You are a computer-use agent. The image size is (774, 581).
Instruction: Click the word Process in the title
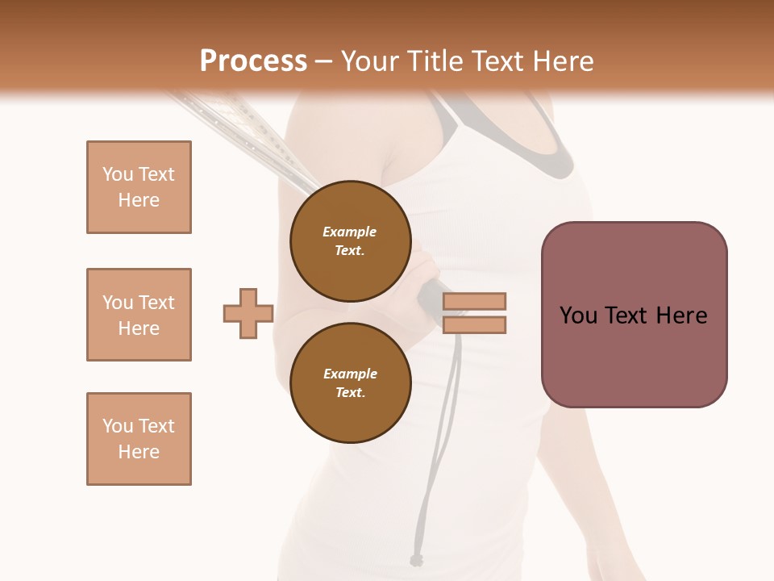tap(253, 61)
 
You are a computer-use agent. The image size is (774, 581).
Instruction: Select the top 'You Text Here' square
tap(139, 187)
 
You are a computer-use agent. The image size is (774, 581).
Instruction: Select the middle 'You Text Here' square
tap(139, 315)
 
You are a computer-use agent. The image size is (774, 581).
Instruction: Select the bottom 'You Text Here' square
tap(139, 439)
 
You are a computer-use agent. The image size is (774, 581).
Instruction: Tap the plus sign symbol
tap(248, 313)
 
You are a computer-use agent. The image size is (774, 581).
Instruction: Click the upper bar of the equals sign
tap(474, 301)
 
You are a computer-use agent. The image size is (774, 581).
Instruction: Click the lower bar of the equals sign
tap(474, 325)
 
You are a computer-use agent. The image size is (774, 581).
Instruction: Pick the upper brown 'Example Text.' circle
tap(350, 241)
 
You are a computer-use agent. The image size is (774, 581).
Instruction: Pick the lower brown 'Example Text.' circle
tap(350, 383)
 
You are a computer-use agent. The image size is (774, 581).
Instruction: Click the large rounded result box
tap(634, 315)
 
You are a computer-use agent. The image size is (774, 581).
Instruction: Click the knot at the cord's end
tap(416, 559)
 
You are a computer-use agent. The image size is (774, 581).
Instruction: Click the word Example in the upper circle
tap(350, 232)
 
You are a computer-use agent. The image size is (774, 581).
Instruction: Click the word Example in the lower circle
tap(350, 374)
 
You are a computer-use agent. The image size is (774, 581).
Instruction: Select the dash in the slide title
tap(323, 62)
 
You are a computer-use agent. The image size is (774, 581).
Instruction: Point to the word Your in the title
tap(370, 61)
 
